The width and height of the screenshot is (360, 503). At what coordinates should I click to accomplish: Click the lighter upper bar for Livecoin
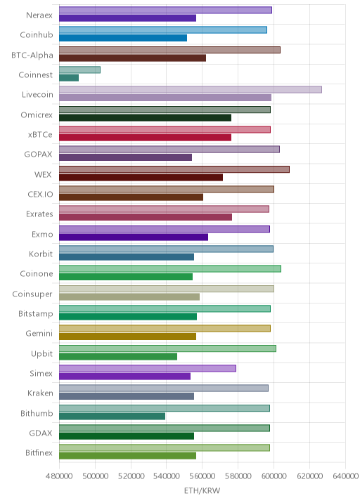pos(191,89)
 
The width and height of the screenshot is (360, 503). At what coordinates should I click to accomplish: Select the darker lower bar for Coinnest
pos(69,78)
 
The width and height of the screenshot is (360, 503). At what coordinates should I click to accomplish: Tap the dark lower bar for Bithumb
pos(112,416)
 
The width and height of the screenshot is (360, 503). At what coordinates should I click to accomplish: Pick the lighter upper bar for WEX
pos(174,169)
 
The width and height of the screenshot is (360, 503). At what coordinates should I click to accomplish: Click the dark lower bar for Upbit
pos(118,356)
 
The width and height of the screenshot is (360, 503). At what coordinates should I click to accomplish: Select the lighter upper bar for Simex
pos(148,368)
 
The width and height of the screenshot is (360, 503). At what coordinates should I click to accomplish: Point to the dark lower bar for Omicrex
pos(145,118)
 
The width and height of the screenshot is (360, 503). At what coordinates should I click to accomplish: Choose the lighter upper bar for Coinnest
pos(79,70)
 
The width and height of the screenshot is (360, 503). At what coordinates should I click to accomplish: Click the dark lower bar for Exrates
pos(146,217)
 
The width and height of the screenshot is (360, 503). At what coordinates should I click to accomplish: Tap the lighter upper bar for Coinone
pos(170,269)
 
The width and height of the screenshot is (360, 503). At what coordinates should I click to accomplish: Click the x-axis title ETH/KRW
pos(202,490)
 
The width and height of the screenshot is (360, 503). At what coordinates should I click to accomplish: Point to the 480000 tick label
pos(59,476)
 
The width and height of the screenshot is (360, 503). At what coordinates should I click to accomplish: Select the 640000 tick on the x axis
pos(345,476)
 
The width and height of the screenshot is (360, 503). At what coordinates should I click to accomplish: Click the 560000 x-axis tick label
pos(202,476)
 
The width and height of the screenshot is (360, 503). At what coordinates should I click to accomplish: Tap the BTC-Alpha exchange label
pos(32,55)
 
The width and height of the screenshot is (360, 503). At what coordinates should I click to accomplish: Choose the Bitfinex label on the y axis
pos(39,452)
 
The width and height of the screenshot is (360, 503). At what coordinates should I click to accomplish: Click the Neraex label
pos(39,15)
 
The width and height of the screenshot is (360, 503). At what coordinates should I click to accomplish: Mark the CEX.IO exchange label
pos(40,194)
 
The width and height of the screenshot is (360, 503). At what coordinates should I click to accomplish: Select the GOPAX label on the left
pos(38,155)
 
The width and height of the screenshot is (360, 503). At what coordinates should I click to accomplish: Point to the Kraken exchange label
pos(40,393)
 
